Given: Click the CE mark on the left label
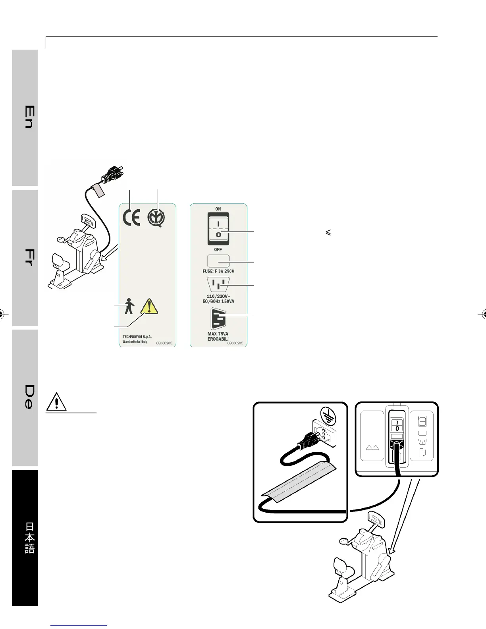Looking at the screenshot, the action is [131, 219].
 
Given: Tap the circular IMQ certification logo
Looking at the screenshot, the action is [156, 219].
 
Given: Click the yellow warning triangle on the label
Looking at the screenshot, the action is [148, 306].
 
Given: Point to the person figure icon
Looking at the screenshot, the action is [129, 307].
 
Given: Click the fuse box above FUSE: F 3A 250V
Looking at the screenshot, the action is [218, 261].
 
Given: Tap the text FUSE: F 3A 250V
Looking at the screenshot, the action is [218, 271].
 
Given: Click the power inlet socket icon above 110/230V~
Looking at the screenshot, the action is [218, 285].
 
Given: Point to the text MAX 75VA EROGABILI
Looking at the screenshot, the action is [218, 336].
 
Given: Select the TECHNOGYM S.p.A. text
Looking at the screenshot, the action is [137, 336].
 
